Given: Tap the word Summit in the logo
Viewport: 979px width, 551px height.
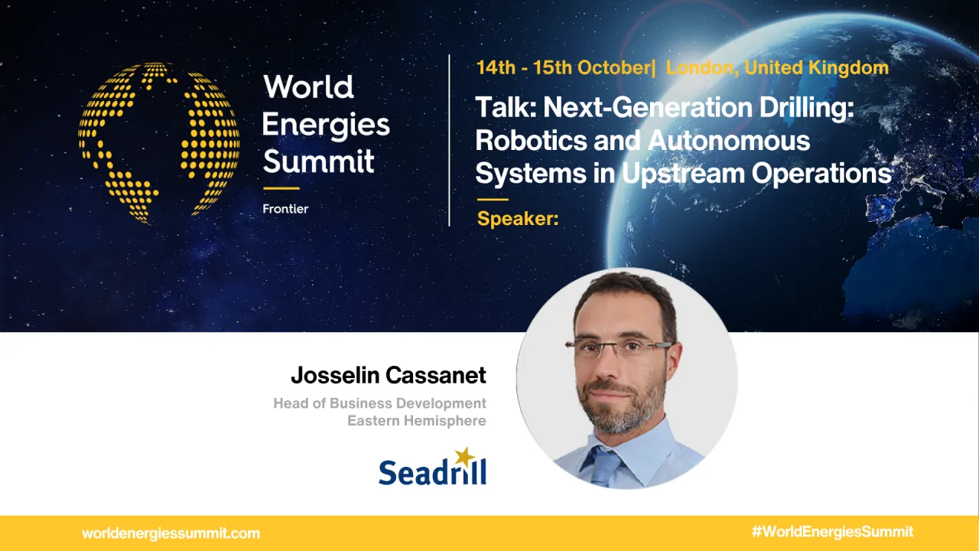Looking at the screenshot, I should (x=318, y=161).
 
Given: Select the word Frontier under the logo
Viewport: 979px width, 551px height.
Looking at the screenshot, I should (x=285, y=209).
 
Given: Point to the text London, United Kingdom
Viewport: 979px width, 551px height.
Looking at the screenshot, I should (x=777, y=67).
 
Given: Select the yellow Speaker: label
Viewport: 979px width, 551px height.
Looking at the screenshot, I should (x=518, y=220).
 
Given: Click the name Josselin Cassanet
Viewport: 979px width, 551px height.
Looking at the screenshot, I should (x=388, y=376).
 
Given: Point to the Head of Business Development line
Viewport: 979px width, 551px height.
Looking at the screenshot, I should (x=379, y=403).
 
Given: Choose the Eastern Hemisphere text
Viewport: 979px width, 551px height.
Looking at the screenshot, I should (x=416, y=421).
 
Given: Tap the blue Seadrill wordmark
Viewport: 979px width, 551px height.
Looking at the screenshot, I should (x=432, y=472).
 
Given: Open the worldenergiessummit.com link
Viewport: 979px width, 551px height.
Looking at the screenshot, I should (x=171, y=533).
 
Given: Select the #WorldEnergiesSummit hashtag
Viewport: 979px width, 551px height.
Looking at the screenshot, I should (x=832, y=532).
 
